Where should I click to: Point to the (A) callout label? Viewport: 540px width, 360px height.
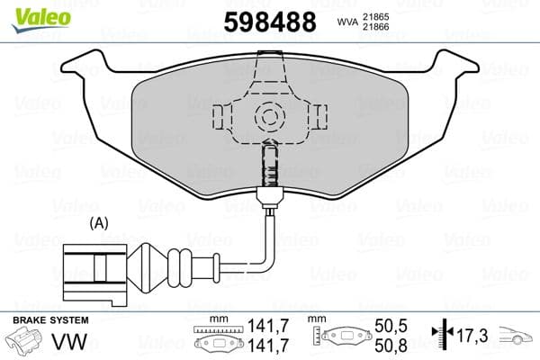pos(100,222)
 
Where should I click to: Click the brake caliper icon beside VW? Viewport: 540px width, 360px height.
pos(25,344)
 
